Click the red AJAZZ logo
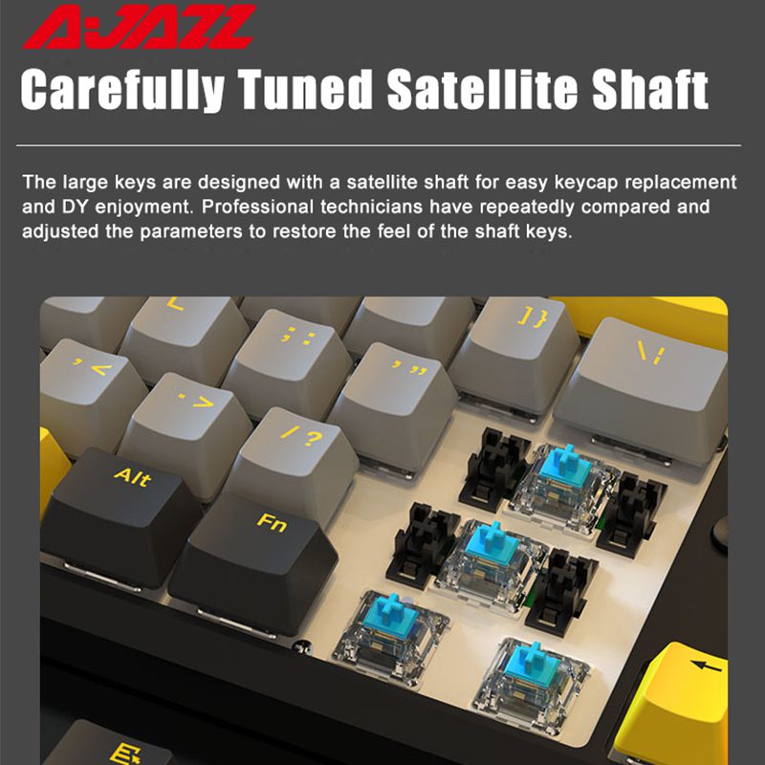[139, 27]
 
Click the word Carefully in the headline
[122, 90]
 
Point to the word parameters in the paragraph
[190, 231]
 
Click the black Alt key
[122, 517]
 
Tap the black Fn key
[253, 561]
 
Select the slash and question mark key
[293, 459]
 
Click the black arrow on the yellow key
[706, 665]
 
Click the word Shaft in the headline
[650, 89]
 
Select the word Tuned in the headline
[305, 89]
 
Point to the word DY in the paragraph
[75, 207]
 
